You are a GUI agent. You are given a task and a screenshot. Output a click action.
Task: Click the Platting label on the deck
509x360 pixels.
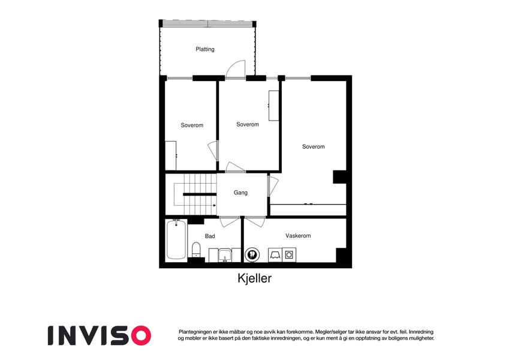[205, 49]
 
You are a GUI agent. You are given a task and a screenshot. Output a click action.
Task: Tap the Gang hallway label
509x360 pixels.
[240, 193]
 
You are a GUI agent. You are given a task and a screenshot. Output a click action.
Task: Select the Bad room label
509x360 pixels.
[210, 236]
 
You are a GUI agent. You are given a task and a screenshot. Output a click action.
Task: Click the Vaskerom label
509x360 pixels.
[298, 236]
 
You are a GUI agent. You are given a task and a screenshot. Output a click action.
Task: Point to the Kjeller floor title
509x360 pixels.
[254, 278]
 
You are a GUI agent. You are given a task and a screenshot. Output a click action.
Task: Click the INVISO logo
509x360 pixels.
[100, 335]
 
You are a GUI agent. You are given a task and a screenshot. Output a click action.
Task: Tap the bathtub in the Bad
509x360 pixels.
[176, 239]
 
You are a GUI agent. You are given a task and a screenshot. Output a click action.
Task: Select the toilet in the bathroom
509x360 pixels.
[196, 250]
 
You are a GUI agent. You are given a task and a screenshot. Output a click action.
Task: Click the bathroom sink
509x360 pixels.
[225, 256]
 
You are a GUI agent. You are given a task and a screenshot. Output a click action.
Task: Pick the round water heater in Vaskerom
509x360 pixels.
[252, 254]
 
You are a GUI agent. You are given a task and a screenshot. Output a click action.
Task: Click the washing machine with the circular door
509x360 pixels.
[289, 255]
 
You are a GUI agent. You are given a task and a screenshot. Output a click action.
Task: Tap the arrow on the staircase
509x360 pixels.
[215, 205]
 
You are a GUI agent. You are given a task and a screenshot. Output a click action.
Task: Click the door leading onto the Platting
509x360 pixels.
[236, 70]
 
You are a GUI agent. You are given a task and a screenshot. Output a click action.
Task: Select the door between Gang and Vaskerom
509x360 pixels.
[255, 221]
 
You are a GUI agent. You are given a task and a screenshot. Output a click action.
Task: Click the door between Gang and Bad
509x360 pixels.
[230, 221]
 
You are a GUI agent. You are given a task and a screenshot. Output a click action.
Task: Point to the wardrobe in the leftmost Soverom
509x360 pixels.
[171, 155]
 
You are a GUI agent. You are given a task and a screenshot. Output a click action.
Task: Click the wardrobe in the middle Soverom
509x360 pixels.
[273, 106]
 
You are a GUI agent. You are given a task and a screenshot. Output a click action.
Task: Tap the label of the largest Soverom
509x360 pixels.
[314, 146]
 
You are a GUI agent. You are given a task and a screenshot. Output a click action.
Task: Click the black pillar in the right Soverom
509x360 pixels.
[339, 177]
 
